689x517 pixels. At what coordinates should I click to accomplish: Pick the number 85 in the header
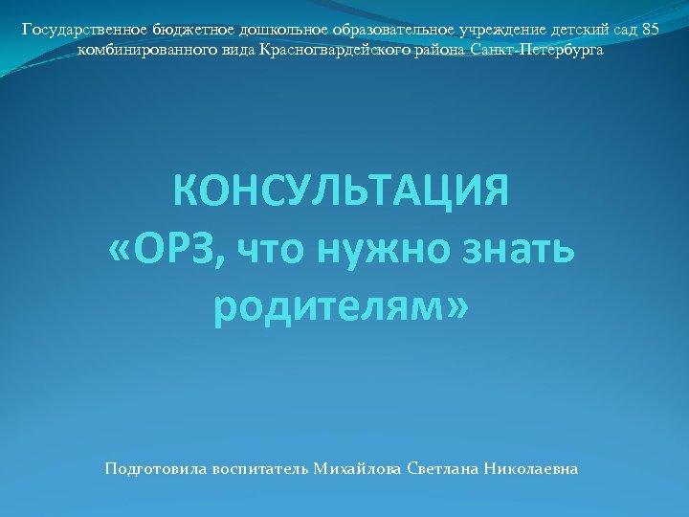[649, 30]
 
